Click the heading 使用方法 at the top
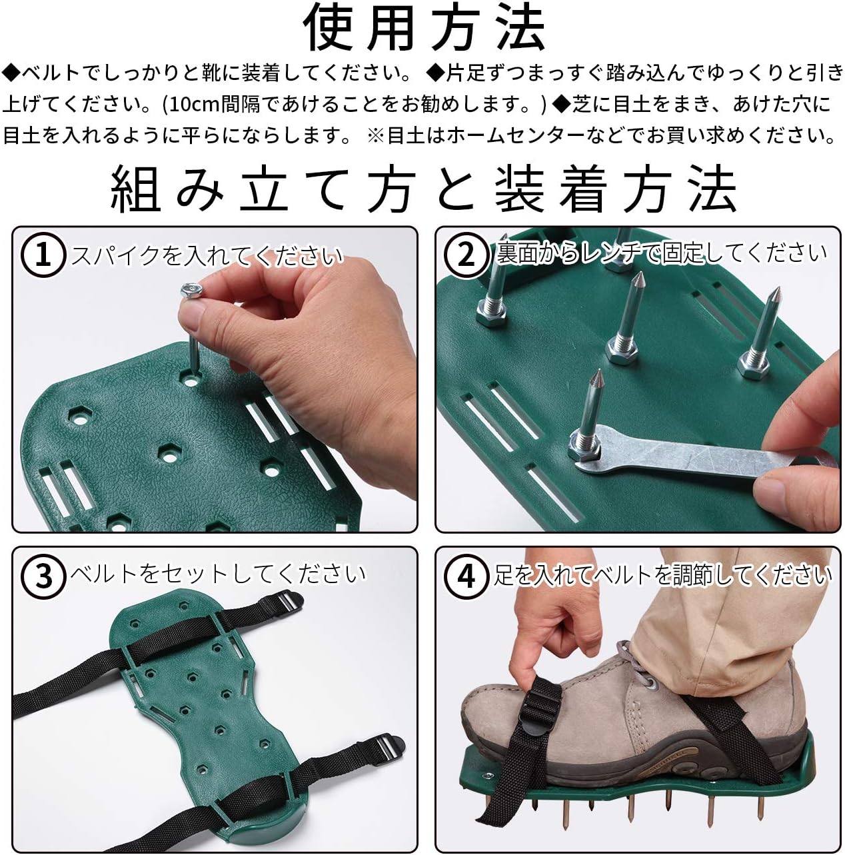(424, 29)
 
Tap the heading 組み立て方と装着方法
(424, 190)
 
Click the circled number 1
(43, 255)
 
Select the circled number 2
(466, 255)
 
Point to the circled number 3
(43, 574)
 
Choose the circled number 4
(466, 574)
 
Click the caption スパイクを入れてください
(207, 255)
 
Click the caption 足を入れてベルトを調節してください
(662, 574)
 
